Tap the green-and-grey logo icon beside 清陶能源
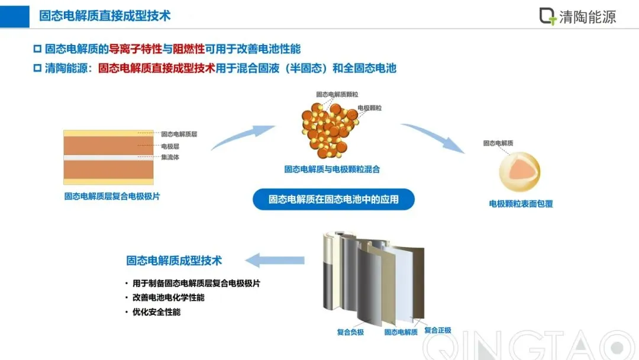click(x=548, y=16)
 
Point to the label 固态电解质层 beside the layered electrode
click(x=179, y=134)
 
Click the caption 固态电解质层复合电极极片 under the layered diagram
click(x=112, y=197)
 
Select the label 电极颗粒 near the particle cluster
click(x=369, y=108)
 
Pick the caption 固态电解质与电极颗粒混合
click(x=332, y=169)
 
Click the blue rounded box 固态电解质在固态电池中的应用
click(x=333, y=200)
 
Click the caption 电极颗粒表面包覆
click(x=521, y=204)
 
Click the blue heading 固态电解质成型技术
click(x=174, y=260)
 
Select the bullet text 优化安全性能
click(x=156, y=312)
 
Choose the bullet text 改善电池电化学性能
click(x=168, y=298)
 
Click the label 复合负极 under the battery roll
click(x=350, y=332)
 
